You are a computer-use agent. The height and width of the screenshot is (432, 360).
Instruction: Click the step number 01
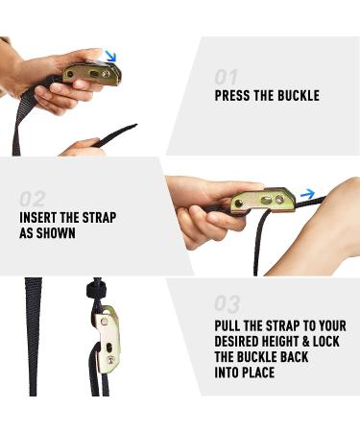[226, 78]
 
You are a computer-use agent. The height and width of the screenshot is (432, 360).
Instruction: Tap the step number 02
[33, 199]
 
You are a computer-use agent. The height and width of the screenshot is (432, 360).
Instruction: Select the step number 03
[228, 303]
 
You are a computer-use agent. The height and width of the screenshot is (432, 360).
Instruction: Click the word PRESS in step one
[232, 96]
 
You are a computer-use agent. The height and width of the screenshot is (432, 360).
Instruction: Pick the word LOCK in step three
[326, 342]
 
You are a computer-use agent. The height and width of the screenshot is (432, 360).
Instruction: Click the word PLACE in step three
[258, 372]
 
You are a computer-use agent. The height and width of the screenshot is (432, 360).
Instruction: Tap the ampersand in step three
[306, 342]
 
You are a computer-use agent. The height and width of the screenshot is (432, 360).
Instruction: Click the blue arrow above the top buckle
[111, 57]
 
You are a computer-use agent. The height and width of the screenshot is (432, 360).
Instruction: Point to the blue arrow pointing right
[307, 194]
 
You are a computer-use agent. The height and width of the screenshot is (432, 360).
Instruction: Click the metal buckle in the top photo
[93, 74]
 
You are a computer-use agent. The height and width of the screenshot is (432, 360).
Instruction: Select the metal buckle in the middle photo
[263, 202]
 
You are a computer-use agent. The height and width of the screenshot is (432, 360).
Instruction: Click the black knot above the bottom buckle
[96, 289]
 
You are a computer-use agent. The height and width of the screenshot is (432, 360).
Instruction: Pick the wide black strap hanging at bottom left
[33, 337]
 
